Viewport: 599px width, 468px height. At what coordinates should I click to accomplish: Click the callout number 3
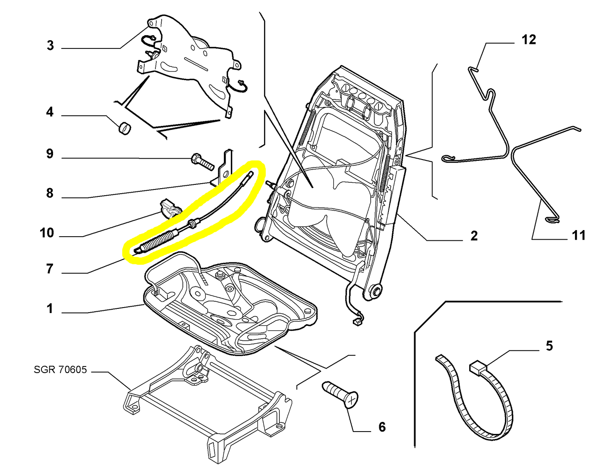pyautogui.click(x=50, y=45)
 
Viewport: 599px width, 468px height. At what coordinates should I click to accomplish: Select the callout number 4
pyautogui.click(x=50, y=112)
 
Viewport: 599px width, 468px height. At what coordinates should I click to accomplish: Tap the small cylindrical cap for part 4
pyautogui.click(x=124, y=128)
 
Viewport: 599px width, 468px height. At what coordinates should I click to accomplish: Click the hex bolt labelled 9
pyautogui.click(x=202, y=161)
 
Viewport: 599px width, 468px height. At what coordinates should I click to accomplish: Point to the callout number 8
pyautogui.click(x=50, y=193)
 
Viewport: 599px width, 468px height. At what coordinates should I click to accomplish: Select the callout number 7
pyautogui.click(x=50, y=269)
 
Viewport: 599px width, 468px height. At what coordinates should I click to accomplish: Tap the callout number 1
pyautogui.click(x=50, y=309)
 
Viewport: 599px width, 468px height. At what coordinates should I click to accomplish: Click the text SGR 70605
pyautogui.click(x=61, y=369)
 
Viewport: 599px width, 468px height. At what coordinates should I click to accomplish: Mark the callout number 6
pyautogui.click(x=382, y=427)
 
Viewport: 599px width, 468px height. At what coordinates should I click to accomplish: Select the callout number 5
pyautogui.click(x=549, y=346)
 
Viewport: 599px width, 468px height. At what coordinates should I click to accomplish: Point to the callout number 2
pyautogui.click(x=474, y=236)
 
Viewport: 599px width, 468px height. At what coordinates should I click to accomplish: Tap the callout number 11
pyautogui.click(x=578, y=235)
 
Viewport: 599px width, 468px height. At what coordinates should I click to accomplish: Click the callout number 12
pyautogui.click(x=529, y=40)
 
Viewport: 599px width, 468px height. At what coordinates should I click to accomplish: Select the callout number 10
pyautogui.click(x=47, y=233)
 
